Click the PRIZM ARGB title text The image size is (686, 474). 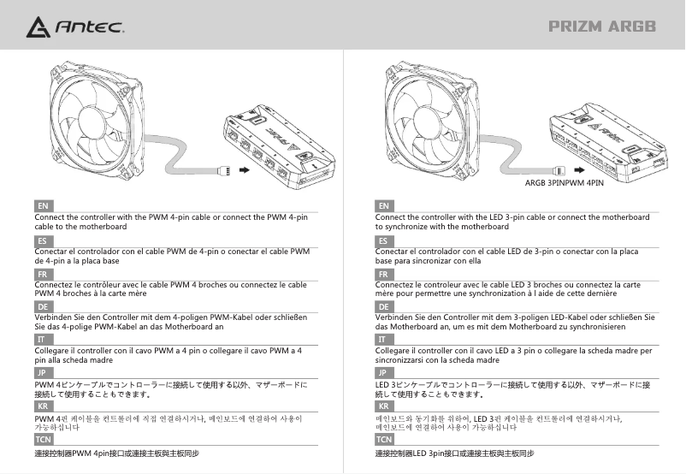pyautogui.click(x=602, y=27)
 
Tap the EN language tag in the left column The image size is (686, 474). pyautogui.click(x=42, y=206)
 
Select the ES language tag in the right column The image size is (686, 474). pyautogui.click(x=383, y=241)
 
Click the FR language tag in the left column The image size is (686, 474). pyautogui.click(x=42, y=274)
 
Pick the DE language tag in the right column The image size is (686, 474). pyautogui.click(x=383, y=306)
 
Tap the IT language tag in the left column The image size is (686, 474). pyautogui.click(x=42, y=340)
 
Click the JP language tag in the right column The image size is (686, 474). pyautogui.click(x=383, y=373)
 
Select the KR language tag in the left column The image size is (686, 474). pyautogui.click(x=42, y=406)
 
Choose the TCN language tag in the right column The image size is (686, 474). pyautogui.click(x=385, y=439)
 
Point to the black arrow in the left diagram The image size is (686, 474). pyautogui.click(x=246, y=169)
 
